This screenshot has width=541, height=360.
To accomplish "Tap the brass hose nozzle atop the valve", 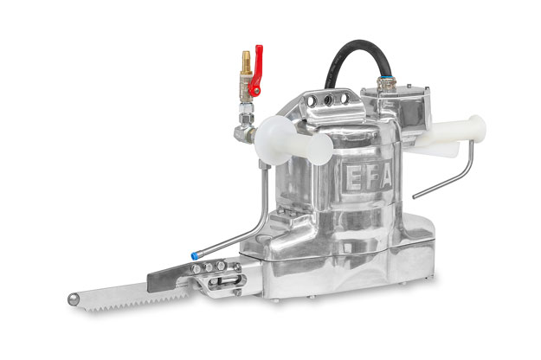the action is click(246, 62).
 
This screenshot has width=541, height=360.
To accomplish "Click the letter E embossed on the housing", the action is click(353, 179).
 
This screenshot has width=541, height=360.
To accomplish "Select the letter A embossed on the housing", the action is click(386, 175).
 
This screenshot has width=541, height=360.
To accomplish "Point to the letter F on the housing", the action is click(370, 177).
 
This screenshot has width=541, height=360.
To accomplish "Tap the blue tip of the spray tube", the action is click(195, 256).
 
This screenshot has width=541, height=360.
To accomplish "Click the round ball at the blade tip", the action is click(73, 299).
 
